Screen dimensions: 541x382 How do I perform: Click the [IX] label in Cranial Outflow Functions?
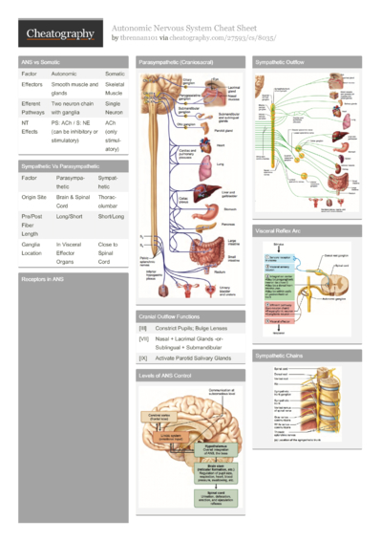142,358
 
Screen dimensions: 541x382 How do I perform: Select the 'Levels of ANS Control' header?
165,376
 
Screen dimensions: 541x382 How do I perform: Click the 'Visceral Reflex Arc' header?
278,231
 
